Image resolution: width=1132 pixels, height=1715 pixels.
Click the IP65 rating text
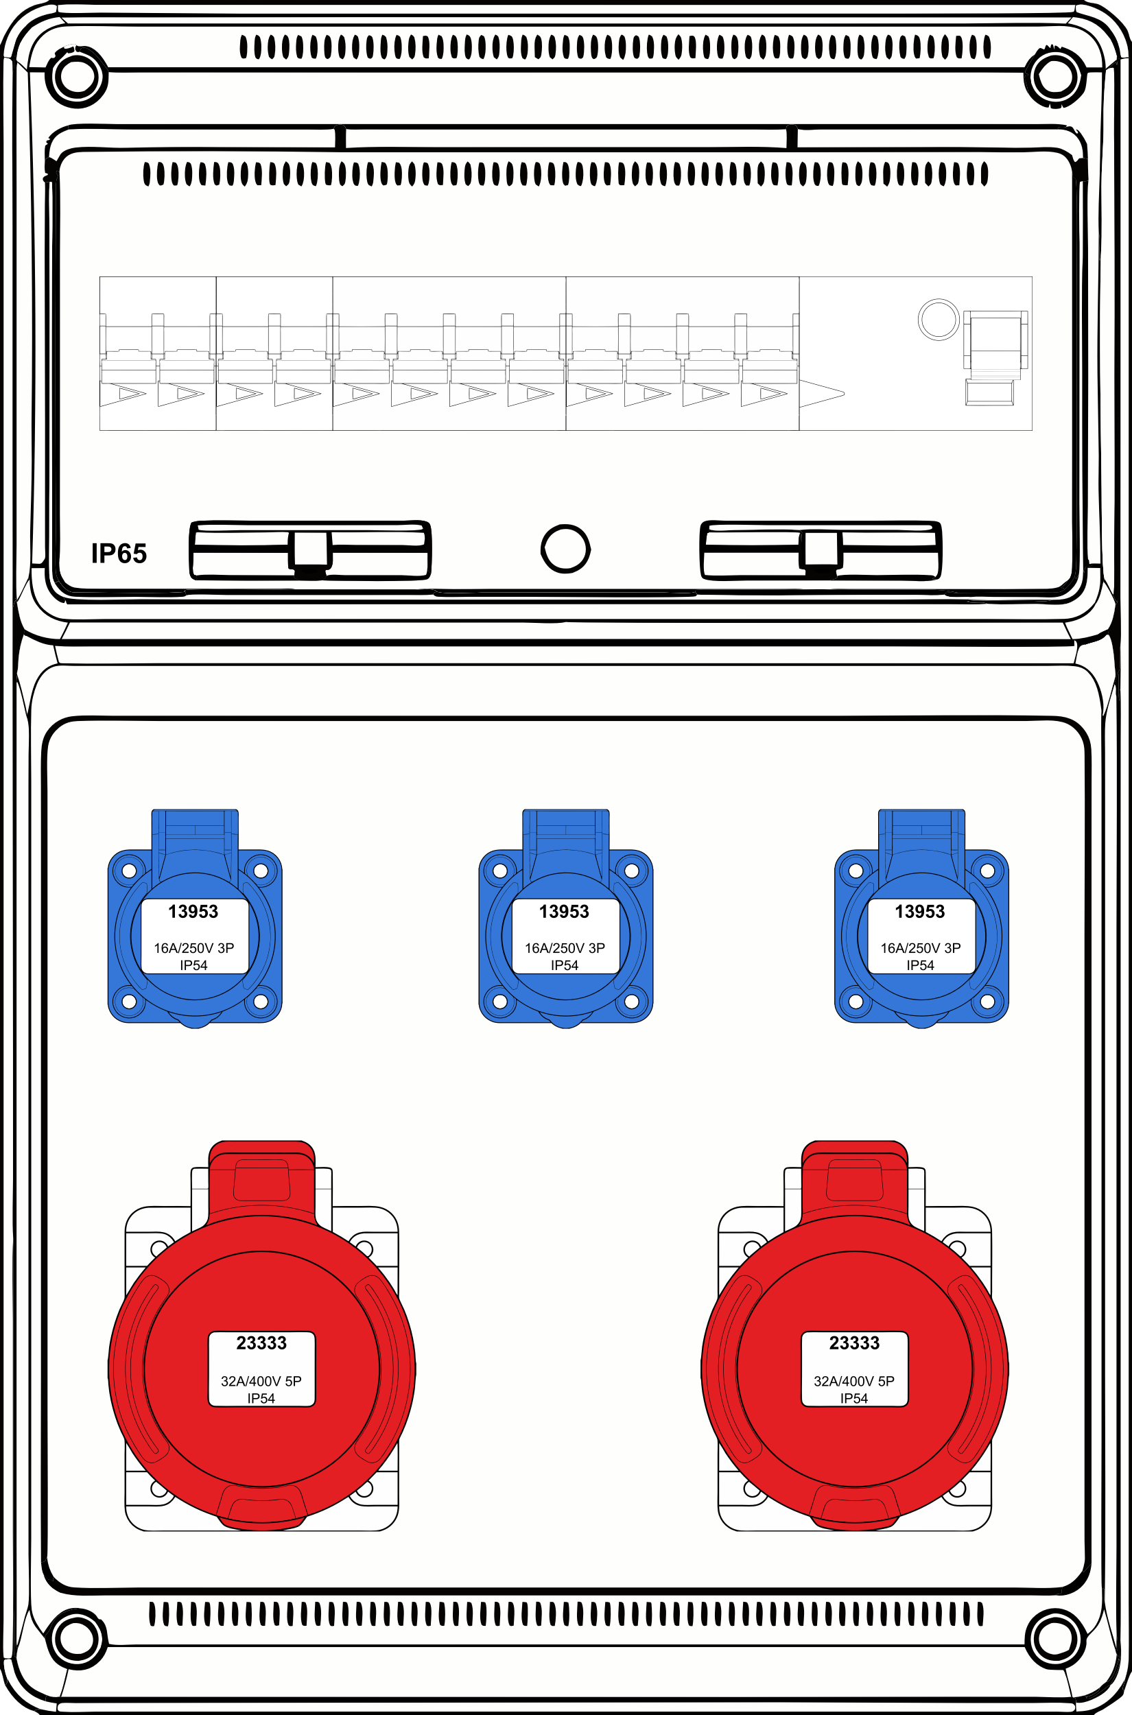tap(119, 554)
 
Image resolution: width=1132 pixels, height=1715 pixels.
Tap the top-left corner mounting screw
tap(77, 77)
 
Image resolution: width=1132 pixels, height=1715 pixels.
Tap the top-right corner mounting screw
tap(1054, 77)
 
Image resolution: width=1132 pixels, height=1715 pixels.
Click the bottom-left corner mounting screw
tap(77, 1637)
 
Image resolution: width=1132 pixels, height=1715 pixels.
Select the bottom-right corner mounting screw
tap(1054, 1637)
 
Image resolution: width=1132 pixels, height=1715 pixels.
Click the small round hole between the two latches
tap(565, 549)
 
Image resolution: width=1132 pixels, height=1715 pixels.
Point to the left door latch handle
tap(310, 550)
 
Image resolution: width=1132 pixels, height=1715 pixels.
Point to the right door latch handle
tap(821, 550)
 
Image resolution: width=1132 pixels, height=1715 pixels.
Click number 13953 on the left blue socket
tap(193, 912)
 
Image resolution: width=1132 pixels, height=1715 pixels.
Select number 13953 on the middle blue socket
tap(565, 912)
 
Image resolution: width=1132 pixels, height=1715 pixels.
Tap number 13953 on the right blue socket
tap(920, 912)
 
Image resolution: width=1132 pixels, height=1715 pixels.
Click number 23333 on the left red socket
tap(261, 1343)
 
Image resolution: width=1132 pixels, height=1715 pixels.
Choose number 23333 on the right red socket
tap(854, 1343)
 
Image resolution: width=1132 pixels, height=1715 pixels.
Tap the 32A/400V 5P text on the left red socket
tap(261, 1381)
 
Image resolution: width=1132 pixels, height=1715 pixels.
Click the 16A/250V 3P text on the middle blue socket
tap(565, 948)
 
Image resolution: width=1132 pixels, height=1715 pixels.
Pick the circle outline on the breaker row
tap(939, 319)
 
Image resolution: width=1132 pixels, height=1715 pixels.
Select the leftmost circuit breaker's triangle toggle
tap(123, 394)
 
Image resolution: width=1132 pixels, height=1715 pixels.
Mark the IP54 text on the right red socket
tap(854, 1398)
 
